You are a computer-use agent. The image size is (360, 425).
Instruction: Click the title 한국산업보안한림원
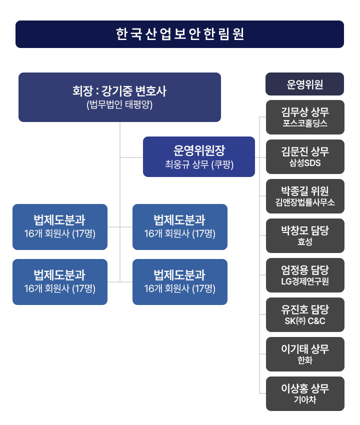(x=179, y=34)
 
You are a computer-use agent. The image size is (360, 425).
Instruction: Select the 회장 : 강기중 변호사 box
(x=119, y=97)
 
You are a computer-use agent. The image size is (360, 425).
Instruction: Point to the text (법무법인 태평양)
(x=119, y=105)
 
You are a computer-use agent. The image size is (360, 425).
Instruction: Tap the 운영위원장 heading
(x=199, y=150)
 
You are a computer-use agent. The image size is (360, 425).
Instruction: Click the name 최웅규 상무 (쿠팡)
(x=199, y=164)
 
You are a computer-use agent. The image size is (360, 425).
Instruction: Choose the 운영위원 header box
(x=304, y=84)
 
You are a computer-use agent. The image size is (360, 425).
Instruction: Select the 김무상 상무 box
(x=304, y=117)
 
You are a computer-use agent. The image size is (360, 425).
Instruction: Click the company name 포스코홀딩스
(x=304, y=123)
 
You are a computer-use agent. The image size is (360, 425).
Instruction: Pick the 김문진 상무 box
(x=304, y=156)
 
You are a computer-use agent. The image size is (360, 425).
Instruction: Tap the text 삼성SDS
(x=304, y=163)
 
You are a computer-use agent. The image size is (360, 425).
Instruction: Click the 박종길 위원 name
(x=304, y=190)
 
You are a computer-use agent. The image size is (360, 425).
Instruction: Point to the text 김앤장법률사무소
(x=304, y=202)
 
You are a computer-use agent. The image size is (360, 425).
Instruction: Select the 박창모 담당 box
(x=304, y=235)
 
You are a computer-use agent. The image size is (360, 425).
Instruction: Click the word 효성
(x=304, y=242)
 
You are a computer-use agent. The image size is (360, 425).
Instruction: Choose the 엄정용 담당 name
(x=304, y=269)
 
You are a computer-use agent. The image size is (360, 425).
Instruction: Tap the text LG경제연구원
(x=304, y=281)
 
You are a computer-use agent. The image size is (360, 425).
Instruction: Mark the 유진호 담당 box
(x=304, y=314)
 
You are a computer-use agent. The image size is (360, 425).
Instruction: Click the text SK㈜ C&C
(x=304, y=321)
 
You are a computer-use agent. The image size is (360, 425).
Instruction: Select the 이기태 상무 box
(x=304, y=354)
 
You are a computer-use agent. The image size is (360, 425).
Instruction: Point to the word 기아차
(x=304, y=400)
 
